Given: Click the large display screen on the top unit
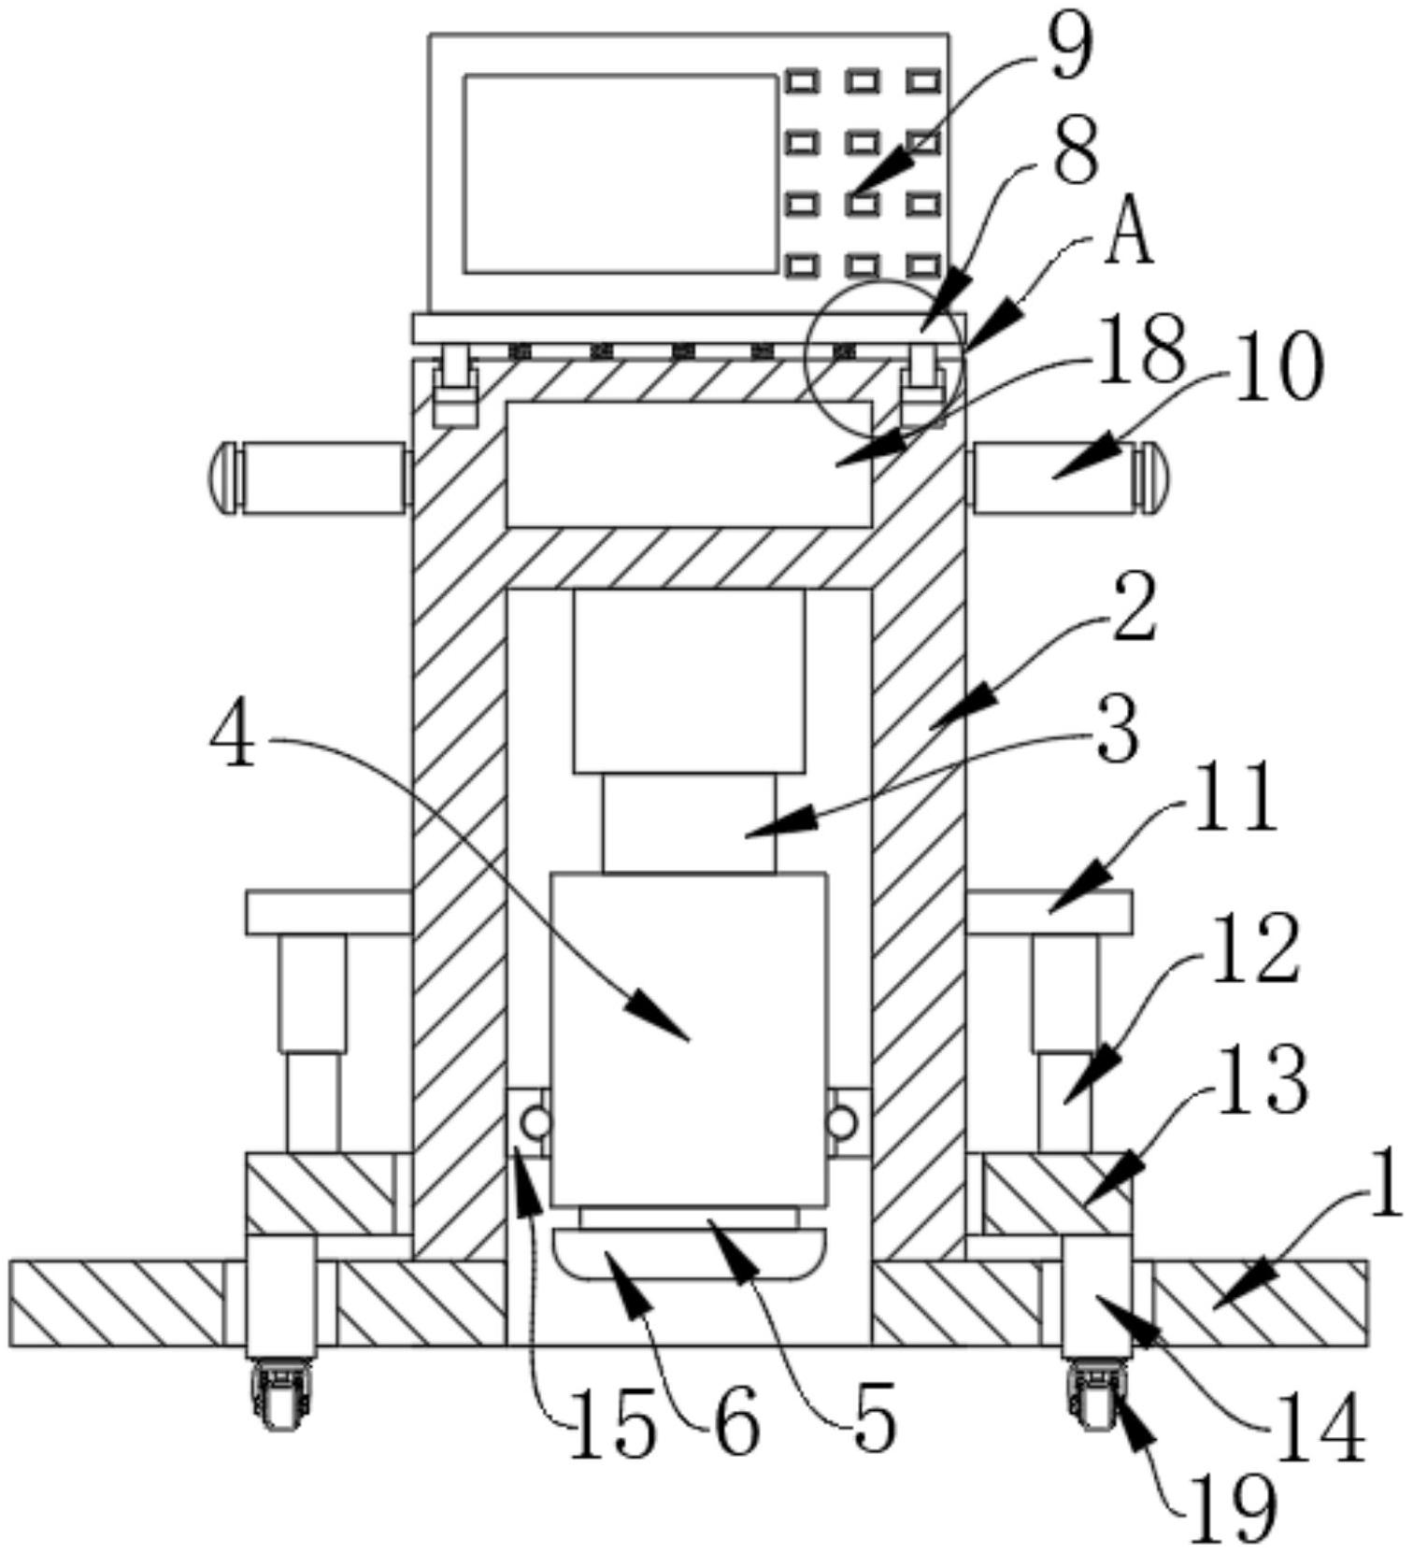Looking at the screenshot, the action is tap(621, 175).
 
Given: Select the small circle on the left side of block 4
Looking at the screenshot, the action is tap(535, 1122).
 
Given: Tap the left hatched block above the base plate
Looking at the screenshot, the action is tap(320, 1193).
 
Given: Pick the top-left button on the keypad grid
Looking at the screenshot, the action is tap(801, 81).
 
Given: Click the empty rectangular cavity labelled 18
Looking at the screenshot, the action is tap(690, 463).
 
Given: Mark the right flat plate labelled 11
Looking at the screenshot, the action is tap(1049, 912).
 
